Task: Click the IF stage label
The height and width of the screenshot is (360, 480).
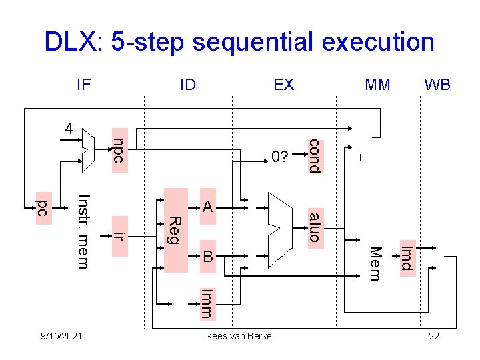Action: tap(83, 85)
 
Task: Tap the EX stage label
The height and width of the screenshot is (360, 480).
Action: tap(283, 85)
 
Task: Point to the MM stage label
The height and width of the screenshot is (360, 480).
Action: tap(378, 85)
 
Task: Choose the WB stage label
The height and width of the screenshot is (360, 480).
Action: tap(437, 85)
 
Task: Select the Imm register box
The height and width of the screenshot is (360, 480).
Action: tap(207, 302)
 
